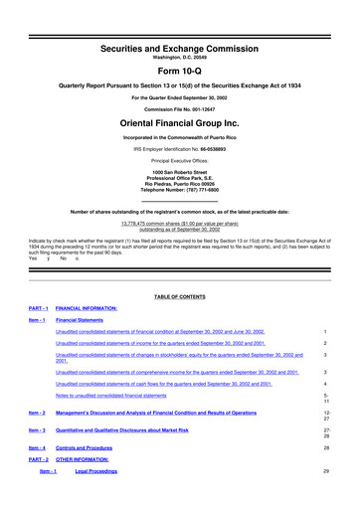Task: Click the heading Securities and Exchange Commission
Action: tap(179, 18)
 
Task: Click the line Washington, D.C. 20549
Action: tap(179, 30)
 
